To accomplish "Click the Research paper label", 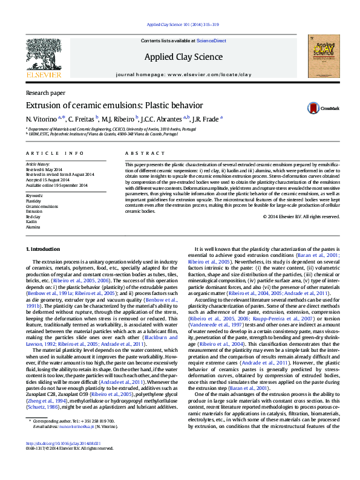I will point(45,93).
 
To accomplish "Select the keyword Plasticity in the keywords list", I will point(34,201).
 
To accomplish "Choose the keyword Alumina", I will point(33,227).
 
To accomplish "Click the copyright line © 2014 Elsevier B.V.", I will point(299,216).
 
